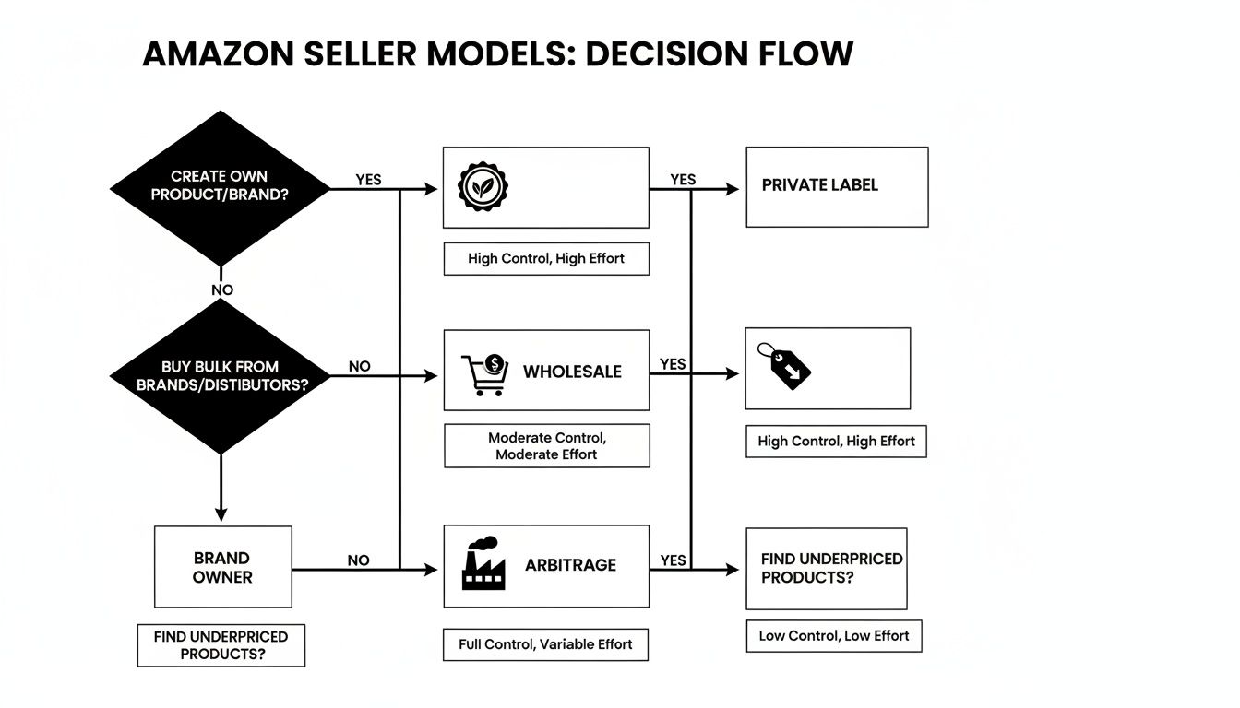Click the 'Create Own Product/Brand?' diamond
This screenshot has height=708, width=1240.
click(x=220, y=188)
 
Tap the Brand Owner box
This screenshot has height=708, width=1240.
click(x=222, y=567)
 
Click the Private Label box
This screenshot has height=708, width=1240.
click(x=836, y=186)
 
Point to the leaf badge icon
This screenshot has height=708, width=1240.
click(x=483, y=187)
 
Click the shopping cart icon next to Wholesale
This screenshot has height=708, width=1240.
click(x=484, y=374)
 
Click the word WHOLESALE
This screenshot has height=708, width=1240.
click(x=572, y=372)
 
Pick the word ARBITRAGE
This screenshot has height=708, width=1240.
click(x=570, y=565)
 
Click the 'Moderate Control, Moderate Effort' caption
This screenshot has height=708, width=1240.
click(x=546, y=445)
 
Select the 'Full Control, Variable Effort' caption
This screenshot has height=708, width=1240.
click(x=545, y=644)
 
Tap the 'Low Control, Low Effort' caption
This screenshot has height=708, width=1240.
click(x=833, y=636)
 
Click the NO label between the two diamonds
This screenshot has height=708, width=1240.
click(x=222, y=289)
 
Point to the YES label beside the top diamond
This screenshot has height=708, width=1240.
click(x=368, y=180)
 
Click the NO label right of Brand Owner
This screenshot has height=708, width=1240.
click(x=359, y=560)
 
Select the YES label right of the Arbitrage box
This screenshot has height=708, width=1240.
click(x=674, y=560)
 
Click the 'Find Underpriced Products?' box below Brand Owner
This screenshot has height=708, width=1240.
click(x=221, y=645)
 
